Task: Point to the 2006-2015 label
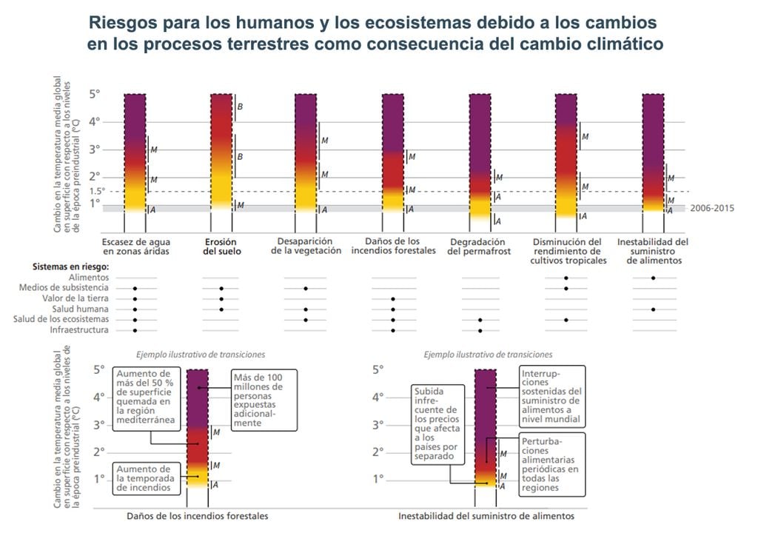[711, 209]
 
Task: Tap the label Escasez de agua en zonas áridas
[136, 247]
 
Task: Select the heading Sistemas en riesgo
[71, 266]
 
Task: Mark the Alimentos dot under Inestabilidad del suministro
[653, 278]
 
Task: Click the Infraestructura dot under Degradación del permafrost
[480, 330]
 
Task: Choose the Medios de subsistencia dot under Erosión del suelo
[221, 288]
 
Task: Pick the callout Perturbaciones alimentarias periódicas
[550, 463]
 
